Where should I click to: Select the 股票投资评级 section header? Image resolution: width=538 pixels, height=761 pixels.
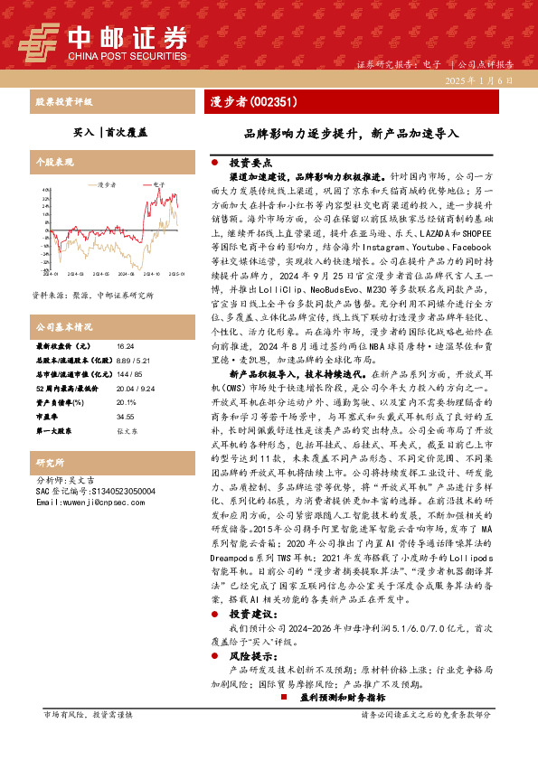(63, 102)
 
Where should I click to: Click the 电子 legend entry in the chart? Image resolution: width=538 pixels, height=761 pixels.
(159, 183)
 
